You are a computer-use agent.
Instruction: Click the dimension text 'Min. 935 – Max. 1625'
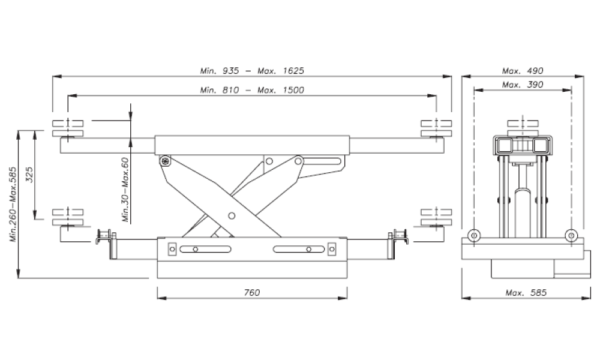[x=252, y=71]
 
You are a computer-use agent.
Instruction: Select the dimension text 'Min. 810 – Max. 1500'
[x=252, y=90]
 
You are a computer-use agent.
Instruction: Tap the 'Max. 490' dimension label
[x=523, y=71]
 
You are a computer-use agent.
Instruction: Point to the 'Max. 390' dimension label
[x=523, y=85]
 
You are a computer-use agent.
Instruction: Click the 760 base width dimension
[x=252, y=293]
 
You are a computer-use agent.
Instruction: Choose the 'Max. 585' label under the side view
[x=526, y=293]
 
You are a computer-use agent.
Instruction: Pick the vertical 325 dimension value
[x=29, y=175]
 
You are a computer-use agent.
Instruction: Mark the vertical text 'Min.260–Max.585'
[x=13, y=204]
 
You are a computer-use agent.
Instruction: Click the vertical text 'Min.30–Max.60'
[x=125, y=190]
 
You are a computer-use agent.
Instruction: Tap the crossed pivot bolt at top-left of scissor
[x=166, y=161]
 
